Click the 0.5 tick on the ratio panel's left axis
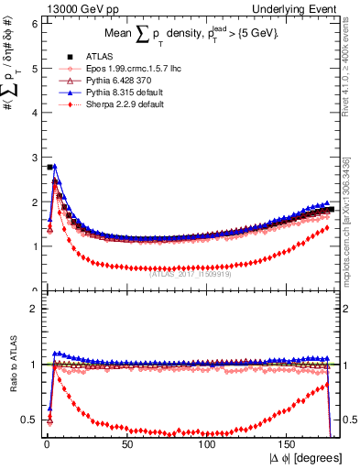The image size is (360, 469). click(29, 420)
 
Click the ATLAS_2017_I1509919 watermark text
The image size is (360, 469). click(191, 271)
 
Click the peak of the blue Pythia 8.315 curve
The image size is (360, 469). click(54, 167)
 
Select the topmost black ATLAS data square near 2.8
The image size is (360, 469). click(49, 167)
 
